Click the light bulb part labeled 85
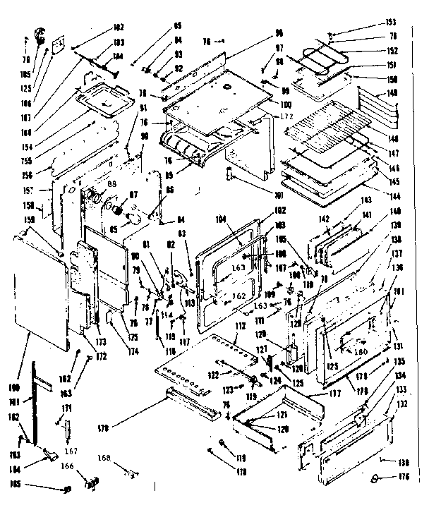(129, 224)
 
